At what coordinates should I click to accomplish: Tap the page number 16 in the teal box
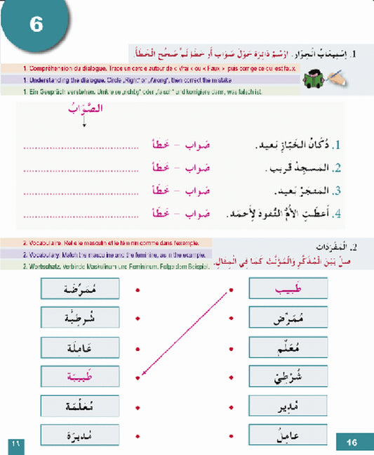pos(352,442)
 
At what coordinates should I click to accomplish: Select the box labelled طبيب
pos(288,289)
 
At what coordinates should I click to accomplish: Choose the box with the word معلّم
pos(288,347)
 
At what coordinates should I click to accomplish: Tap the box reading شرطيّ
pos(288,376)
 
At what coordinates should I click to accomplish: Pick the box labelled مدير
pos(288,406)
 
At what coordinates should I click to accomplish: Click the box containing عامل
pos(288,435)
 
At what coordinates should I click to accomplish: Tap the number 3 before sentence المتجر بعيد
pos(338,190)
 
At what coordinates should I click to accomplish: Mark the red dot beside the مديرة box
pos(136,435)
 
